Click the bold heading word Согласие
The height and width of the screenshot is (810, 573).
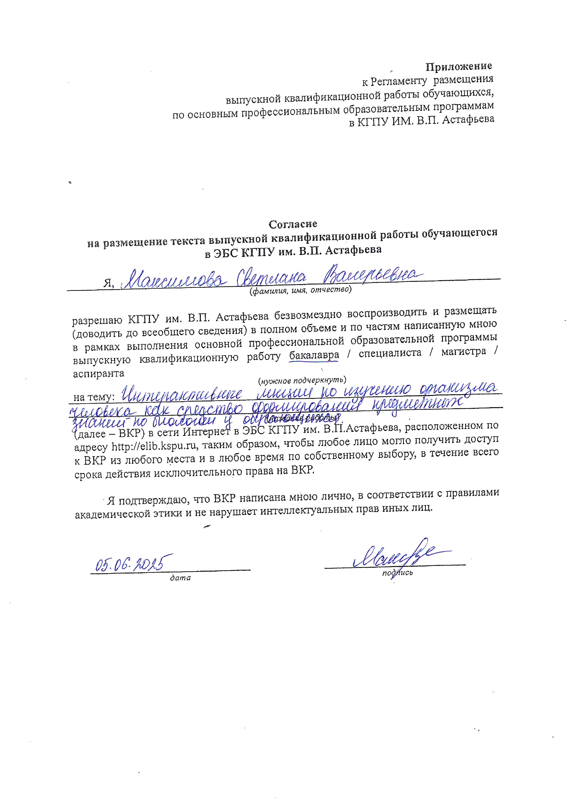[x=293, y=224]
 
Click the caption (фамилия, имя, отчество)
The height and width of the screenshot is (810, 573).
[x=300, y=290]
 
